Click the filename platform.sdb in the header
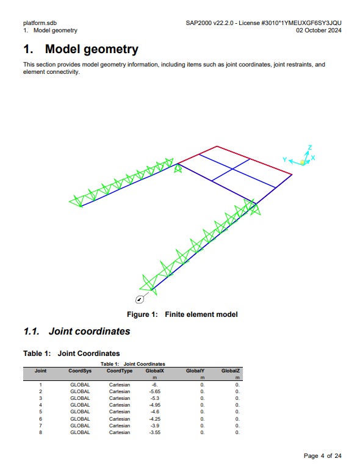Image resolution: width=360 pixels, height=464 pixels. point(40,23)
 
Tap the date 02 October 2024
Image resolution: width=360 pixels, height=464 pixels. point(319,30)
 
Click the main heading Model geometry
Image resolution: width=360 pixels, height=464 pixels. point(92,49)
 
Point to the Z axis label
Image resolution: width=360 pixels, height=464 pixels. point(310,147)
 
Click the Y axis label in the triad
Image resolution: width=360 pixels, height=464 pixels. point(284,159)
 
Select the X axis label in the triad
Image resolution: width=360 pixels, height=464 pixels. point(313,158)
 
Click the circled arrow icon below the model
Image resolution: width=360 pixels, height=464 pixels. point(140,300)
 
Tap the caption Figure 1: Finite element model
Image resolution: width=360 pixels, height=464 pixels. point(182,314)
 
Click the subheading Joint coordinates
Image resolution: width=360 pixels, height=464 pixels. point(89,331)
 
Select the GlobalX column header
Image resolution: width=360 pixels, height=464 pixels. point(155,371)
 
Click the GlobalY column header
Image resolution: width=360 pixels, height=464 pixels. point(195,371)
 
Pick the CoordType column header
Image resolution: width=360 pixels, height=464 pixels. point(120,371)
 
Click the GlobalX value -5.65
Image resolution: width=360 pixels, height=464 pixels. point(155,391)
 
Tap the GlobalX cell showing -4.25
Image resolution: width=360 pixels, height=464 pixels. point(155,419)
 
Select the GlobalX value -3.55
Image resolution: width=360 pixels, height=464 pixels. point(155,432)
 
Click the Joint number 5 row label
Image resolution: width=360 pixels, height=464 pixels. point(40,411)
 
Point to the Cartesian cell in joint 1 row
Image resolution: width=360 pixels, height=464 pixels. point(120,385)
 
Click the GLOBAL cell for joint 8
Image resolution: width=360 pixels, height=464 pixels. point(80,432)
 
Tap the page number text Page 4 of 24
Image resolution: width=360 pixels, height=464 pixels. point(322,455)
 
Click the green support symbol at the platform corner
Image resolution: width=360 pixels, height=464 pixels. point(178,169)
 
